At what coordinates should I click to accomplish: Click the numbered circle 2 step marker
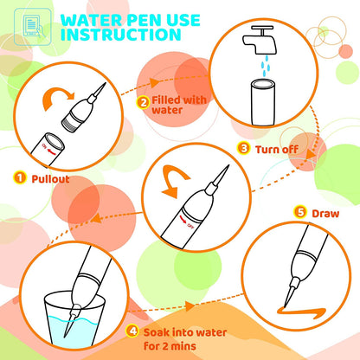coord(142,101)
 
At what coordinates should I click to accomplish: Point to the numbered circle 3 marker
coord(244,149)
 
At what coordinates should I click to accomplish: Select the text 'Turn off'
coord(276,149)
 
